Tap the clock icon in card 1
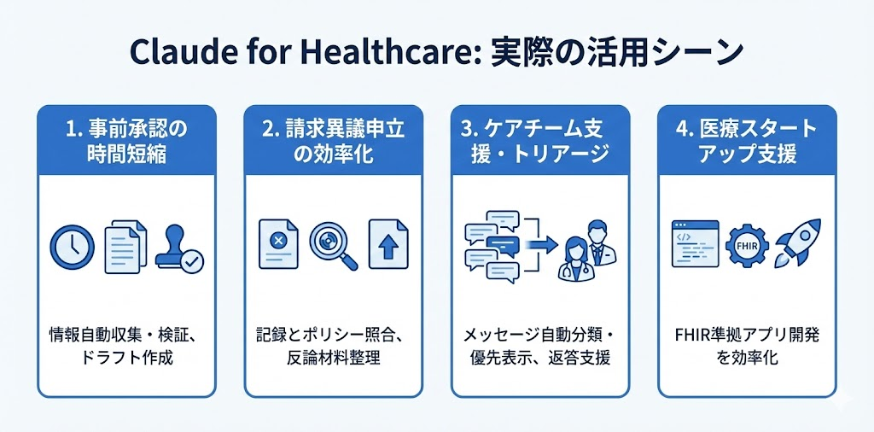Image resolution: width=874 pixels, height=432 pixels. click(73, 247)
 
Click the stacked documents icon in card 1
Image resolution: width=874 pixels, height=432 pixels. click(125, 248)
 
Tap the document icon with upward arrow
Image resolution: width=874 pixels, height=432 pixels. click(387, 242)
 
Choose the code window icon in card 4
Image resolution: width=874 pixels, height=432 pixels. click(693, 243)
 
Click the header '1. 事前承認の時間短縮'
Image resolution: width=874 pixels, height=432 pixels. click(126, 142)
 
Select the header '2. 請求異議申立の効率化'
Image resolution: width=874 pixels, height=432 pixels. click(333, 142)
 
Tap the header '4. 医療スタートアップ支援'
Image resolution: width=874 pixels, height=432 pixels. click(746, 142)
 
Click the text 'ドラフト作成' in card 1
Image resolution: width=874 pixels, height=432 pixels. click(126, 357)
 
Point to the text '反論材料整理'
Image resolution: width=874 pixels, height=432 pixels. click(333, 357)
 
